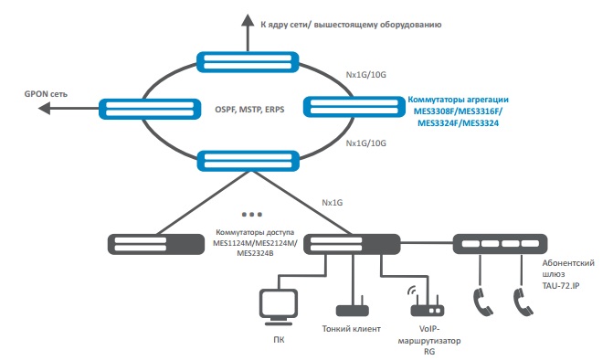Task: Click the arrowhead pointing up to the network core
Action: tap(248, 20)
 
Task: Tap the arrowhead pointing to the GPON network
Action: tap(44, 108)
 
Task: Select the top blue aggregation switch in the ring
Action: tap(248, 62)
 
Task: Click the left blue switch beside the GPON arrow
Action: tap(150, 109)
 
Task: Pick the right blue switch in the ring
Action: tap(354, 107)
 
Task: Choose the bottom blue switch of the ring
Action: tap(248, 161)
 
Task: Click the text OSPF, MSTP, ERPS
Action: tap(249, 110)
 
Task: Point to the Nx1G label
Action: tap(332, 203)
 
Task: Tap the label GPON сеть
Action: tap(46, 94)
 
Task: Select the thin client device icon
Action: tap(353, 308)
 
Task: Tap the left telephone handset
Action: tap(482, 302)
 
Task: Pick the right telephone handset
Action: tap(523, 302)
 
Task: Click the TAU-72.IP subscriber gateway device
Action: tap(500, 244)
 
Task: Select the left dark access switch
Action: tap(156, 244)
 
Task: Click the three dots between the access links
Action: tap(252, 214)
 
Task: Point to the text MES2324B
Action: tap(255, 253)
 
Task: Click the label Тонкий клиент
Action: tap(351, 329)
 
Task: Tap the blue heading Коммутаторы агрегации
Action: tap(459, 100)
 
